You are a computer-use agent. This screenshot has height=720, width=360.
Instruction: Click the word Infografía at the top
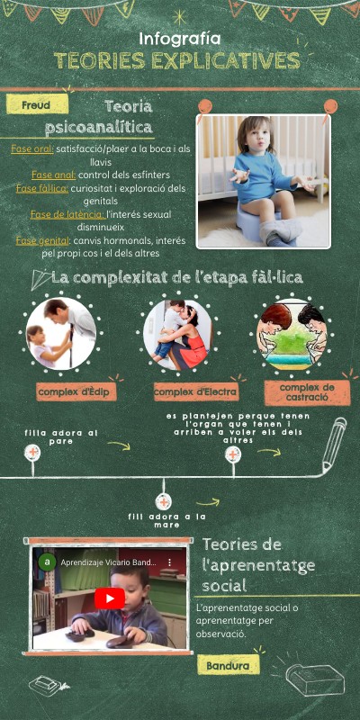(180, 39)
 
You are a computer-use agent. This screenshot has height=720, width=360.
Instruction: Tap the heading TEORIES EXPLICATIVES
(177, 61)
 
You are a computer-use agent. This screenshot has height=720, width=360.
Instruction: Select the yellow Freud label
(37, 105)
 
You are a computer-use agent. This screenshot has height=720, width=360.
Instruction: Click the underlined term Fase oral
(31, 148)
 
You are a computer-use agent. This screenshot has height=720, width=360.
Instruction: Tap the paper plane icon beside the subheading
(39, 279)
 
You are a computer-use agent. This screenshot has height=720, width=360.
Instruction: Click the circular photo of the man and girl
(62, 333)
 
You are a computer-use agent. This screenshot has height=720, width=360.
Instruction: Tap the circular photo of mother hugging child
(177, 335)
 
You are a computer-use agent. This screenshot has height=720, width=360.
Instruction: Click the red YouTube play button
(110, 598)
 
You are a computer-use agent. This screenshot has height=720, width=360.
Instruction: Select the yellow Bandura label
(229, 666)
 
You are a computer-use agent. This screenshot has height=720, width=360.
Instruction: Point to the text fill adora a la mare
(167, 521)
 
